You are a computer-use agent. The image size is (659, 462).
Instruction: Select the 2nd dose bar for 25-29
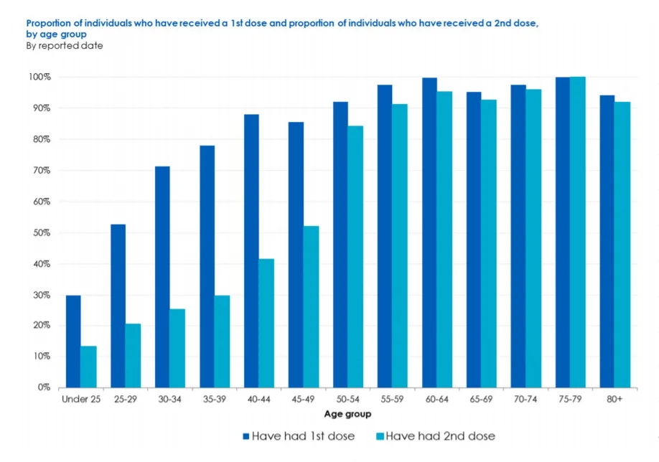[133, 355]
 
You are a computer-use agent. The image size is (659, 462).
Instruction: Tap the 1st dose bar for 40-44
[251, 250]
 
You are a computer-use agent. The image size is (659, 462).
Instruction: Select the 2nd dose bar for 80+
[622, 244]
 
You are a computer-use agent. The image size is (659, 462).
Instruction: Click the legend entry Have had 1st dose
[299, 435]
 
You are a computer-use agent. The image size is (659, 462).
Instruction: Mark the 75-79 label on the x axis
[570, 399]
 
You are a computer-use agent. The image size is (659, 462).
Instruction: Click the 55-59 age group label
[392, 399]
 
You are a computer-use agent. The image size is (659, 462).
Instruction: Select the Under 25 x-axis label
[80, 399]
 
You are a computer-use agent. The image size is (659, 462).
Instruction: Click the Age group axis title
[347, 414]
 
